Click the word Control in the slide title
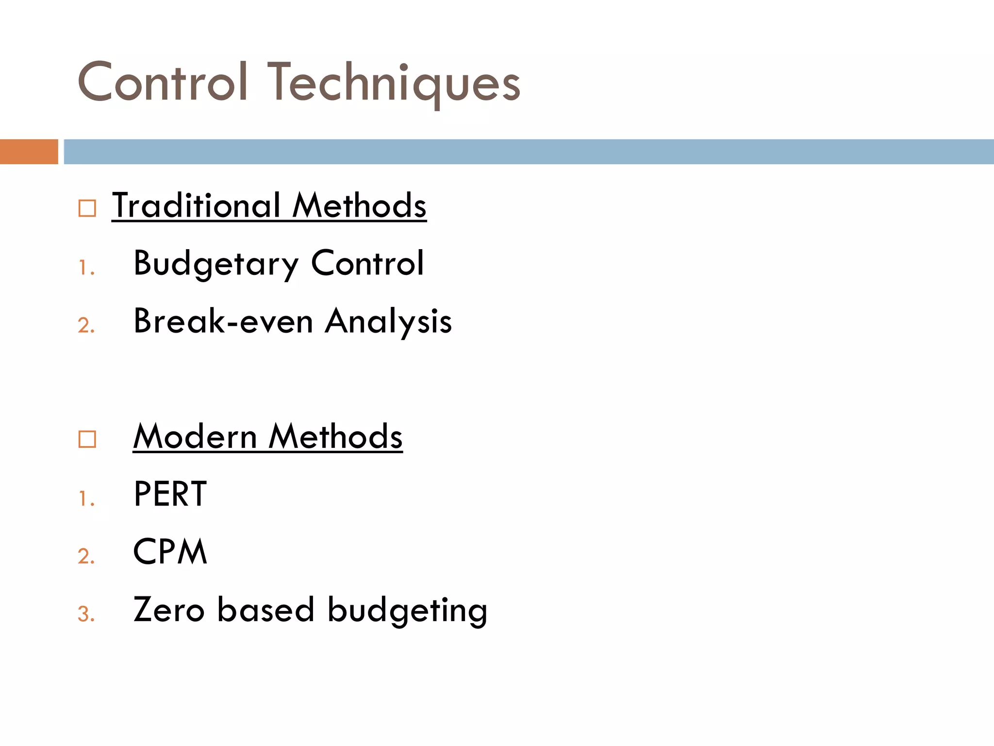(163, 83)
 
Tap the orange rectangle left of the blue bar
(29, 152)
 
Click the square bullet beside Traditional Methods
(87, 208)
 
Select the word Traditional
(197, 205)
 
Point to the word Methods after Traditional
(359, 205)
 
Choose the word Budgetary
(216, 264)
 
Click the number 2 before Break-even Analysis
(85, 325)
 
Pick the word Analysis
(388, 322)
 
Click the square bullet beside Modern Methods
(87, 439)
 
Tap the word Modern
(195, 436)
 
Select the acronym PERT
(170, 494)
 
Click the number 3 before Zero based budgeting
(85, 614)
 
